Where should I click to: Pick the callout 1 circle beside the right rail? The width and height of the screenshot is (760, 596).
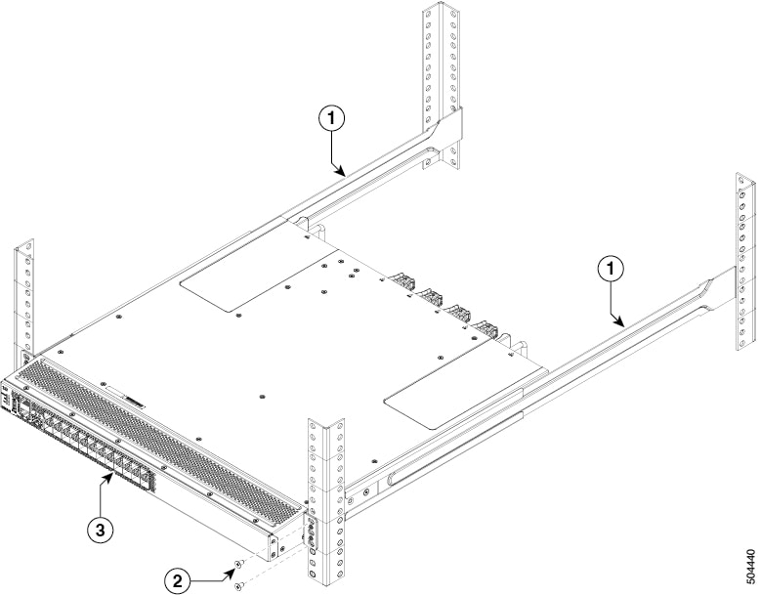pyautogui.click(x=612, y=266)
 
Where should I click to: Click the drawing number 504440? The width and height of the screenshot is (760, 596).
pyautogui.click(x=749, y=568)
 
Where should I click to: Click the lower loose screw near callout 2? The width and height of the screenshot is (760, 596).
pyautogui.click(x=237, y=585)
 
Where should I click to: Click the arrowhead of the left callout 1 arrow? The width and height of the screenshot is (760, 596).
pyautogui.click(x=343, y=174)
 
